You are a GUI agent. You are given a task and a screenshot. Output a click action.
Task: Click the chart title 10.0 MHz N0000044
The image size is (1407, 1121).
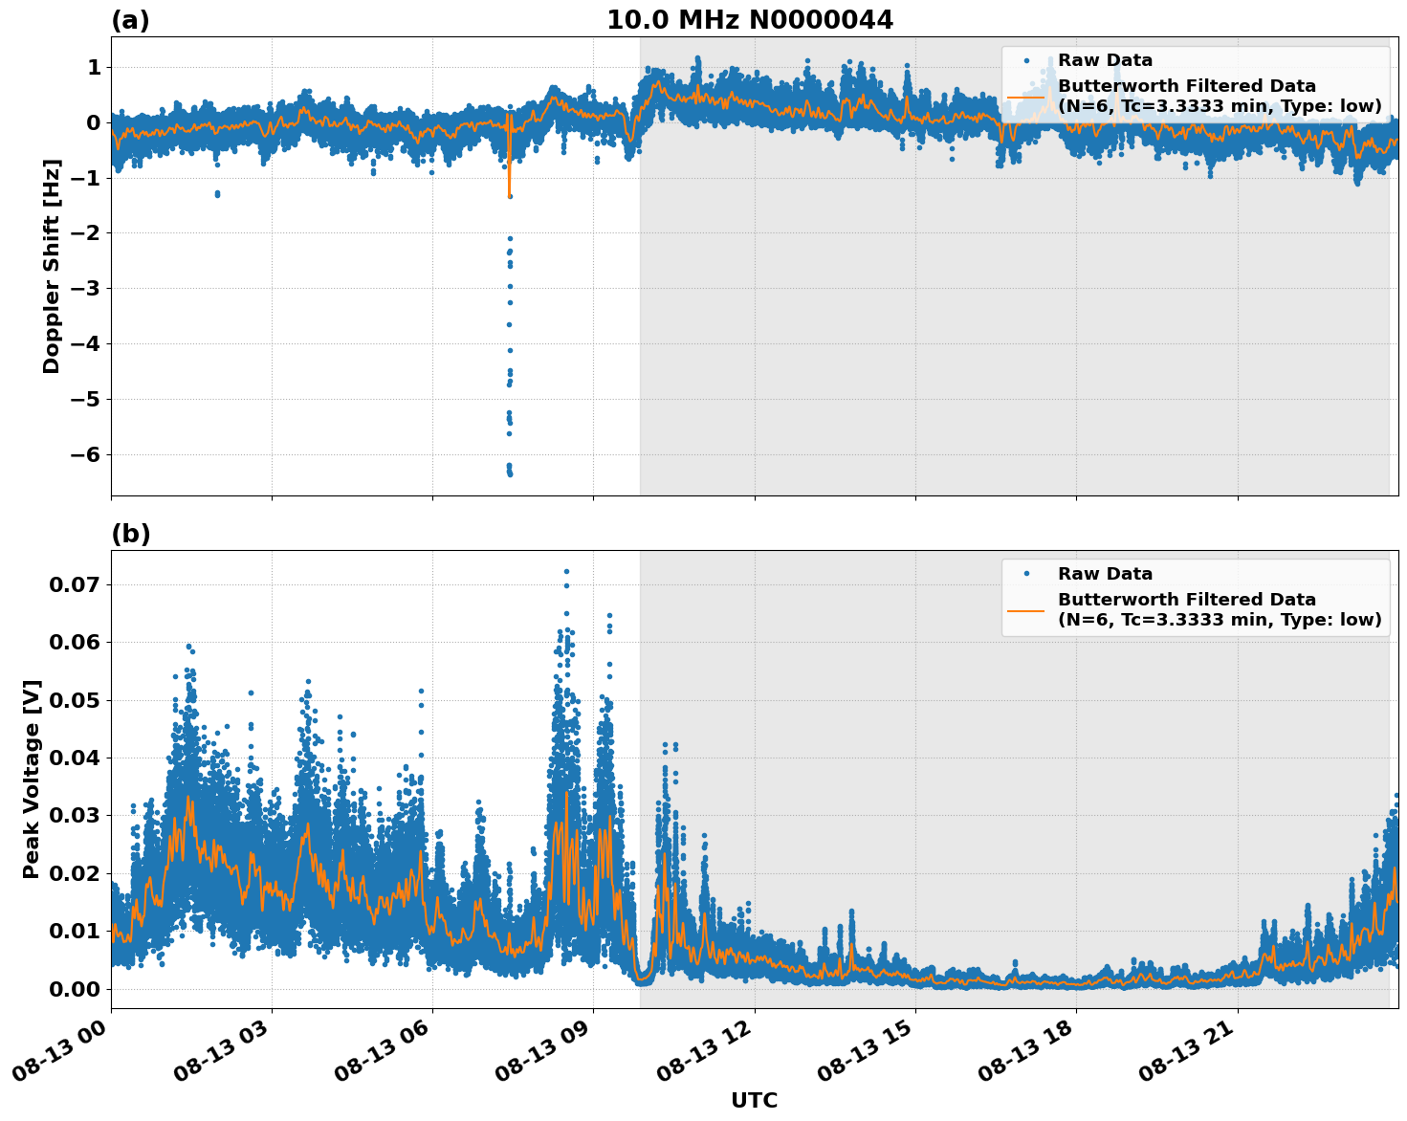coord(749,20)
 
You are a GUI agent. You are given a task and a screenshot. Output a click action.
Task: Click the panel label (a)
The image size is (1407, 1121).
coord(130,20)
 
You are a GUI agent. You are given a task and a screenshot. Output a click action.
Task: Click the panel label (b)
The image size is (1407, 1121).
coord(130,534)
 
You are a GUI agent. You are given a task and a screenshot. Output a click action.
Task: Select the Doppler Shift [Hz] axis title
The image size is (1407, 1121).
coord(52,266)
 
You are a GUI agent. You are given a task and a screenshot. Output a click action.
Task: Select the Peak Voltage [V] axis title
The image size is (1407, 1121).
coord(32,779)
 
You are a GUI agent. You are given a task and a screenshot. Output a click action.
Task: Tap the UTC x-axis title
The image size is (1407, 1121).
coord(754,1100)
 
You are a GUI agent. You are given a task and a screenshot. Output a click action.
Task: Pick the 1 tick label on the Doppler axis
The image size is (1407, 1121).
coord(94,67)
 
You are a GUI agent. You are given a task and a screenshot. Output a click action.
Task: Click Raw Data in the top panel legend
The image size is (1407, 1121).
coord(1105,60)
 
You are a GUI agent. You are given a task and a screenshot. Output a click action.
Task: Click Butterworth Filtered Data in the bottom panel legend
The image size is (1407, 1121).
coord(1186,600)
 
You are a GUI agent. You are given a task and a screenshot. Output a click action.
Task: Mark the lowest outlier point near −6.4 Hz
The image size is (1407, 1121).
coord(510,473)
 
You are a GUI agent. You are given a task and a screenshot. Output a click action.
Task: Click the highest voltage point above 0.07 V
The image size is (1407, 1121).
coord(566,571)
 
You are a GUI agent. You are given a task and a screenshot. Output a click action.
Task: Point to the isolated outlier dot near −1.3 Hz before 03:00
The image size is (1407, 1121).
coord(217,194)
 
